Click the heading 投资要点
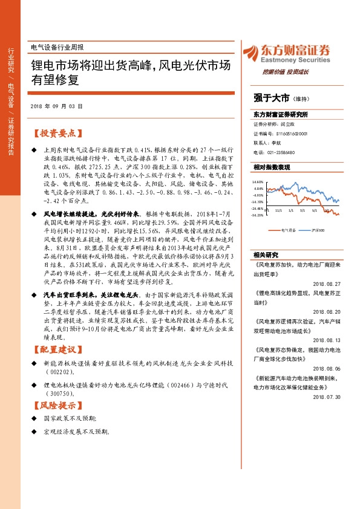[57, 133]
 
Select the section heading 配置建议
[57, 350]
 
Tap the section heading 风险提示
[57, 404]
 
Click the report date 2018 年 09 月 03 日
[56, 106]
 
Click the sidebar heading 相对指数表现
[272, 167]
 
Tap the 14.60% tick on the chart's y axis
[258, 181]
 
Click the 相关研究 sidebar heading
[266, 254]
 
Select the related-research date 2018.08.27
[327, 283]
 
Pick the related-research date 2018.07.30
[327, 397]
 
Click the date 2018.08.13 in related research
[327, 340]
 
